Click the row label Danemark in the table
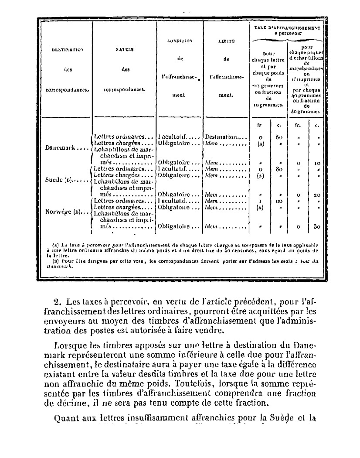pyautogui.click(x=60, y=147)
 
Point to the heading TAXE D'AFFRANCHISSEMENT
pyautogui.click(x=287, y=27)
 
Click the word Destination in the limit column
pyautogui.click(x=221, y=136)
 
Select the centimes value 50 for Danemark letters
pyautogui.click(x=280, y=137)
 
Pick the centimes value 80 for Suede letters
pyautogui.click(x=280, y=168)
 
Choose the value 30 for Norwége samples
pyautogui.click(x=317, y=227)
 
